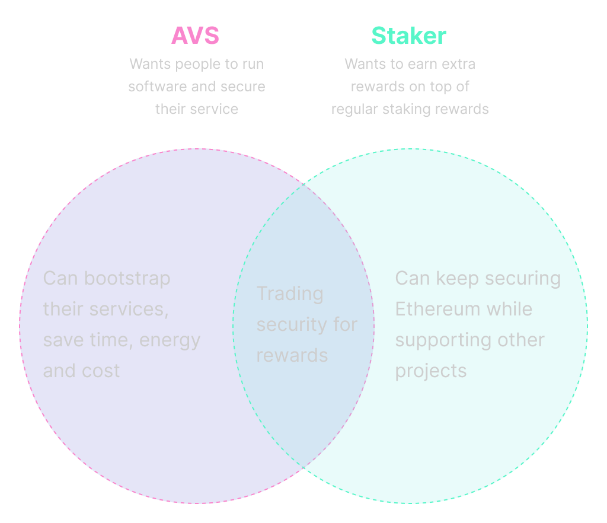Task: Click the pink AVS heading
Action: [x=195, y=36]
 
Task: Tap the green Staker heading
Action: [x=408, y=36]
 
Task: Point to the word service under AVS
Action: [x=216, y=109]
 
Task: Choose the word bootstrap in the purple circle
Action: [x=127, y=278]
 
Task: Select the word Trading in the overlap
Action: [x=290, y=294]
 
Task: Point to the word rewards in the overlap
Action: [x=292, y=355]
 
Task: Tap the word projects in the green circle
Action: [x=431, y=371]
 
